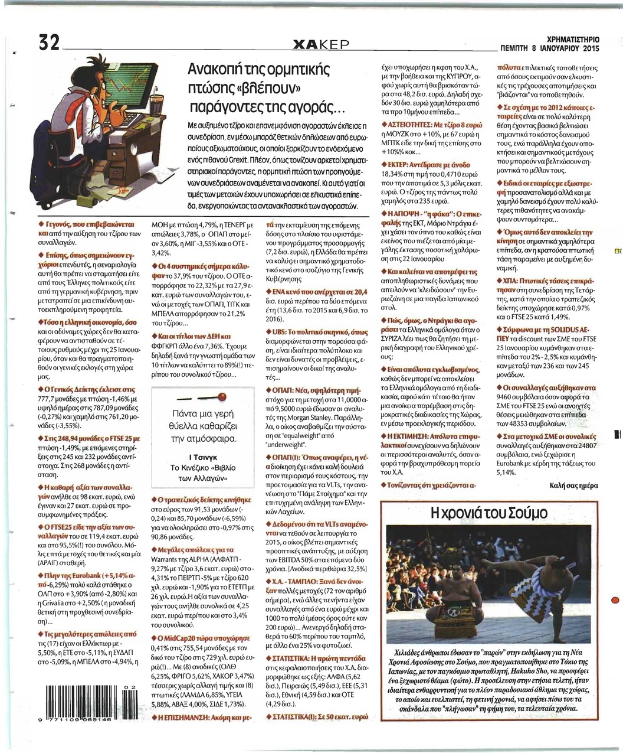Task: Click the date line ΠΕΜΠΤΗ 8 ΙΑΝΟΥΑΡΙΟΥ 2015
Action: [x=549, y=48]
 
